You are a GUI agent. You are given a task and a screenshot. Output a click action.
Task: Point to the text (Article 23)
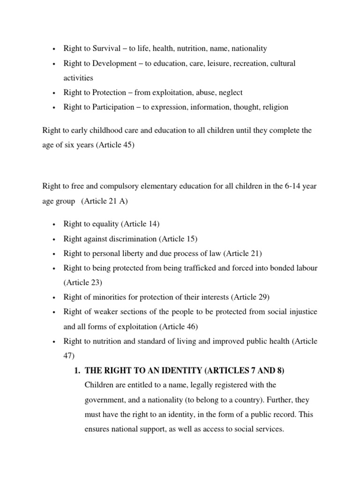[x=82, y=283]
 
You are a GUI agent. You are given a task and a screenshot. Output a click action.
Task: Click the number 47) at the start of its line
[x=69, y=356]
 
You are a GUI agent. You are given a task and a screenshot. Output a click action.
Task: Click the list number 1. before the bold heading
[x=77, y=371]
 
